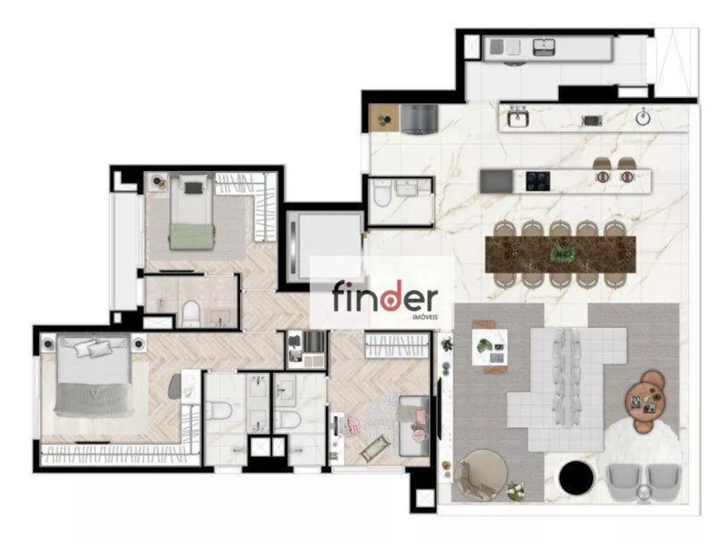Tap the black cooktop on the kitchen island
coord(536,178)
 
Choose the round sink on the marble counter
coord(643,118)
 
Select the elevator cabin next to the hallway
coord(324,246)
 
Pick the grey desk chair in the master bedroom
coord(176,387)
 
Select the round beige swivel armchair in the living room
coord(482,474)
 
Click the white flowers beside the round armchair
coord(515,491)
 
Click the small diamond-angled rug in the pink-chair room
coord(372,451)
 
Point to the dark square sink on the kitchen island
coord(494,179)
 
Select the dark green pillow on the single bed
coord(192,188)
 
